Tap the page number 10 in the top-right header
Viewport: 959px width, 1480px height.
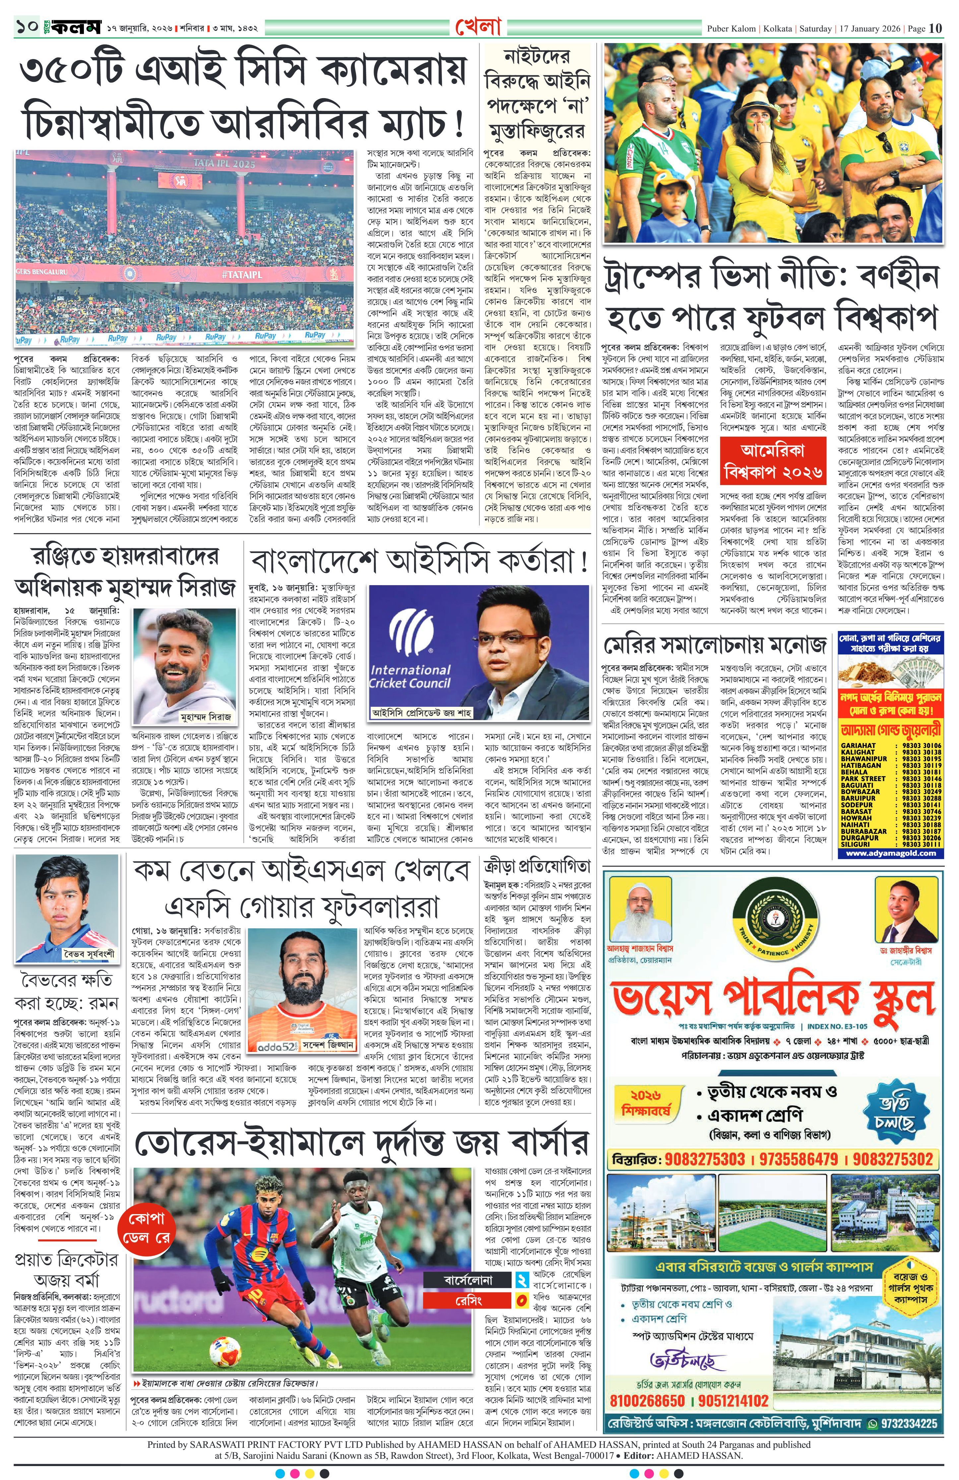[x=935, y=28]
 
